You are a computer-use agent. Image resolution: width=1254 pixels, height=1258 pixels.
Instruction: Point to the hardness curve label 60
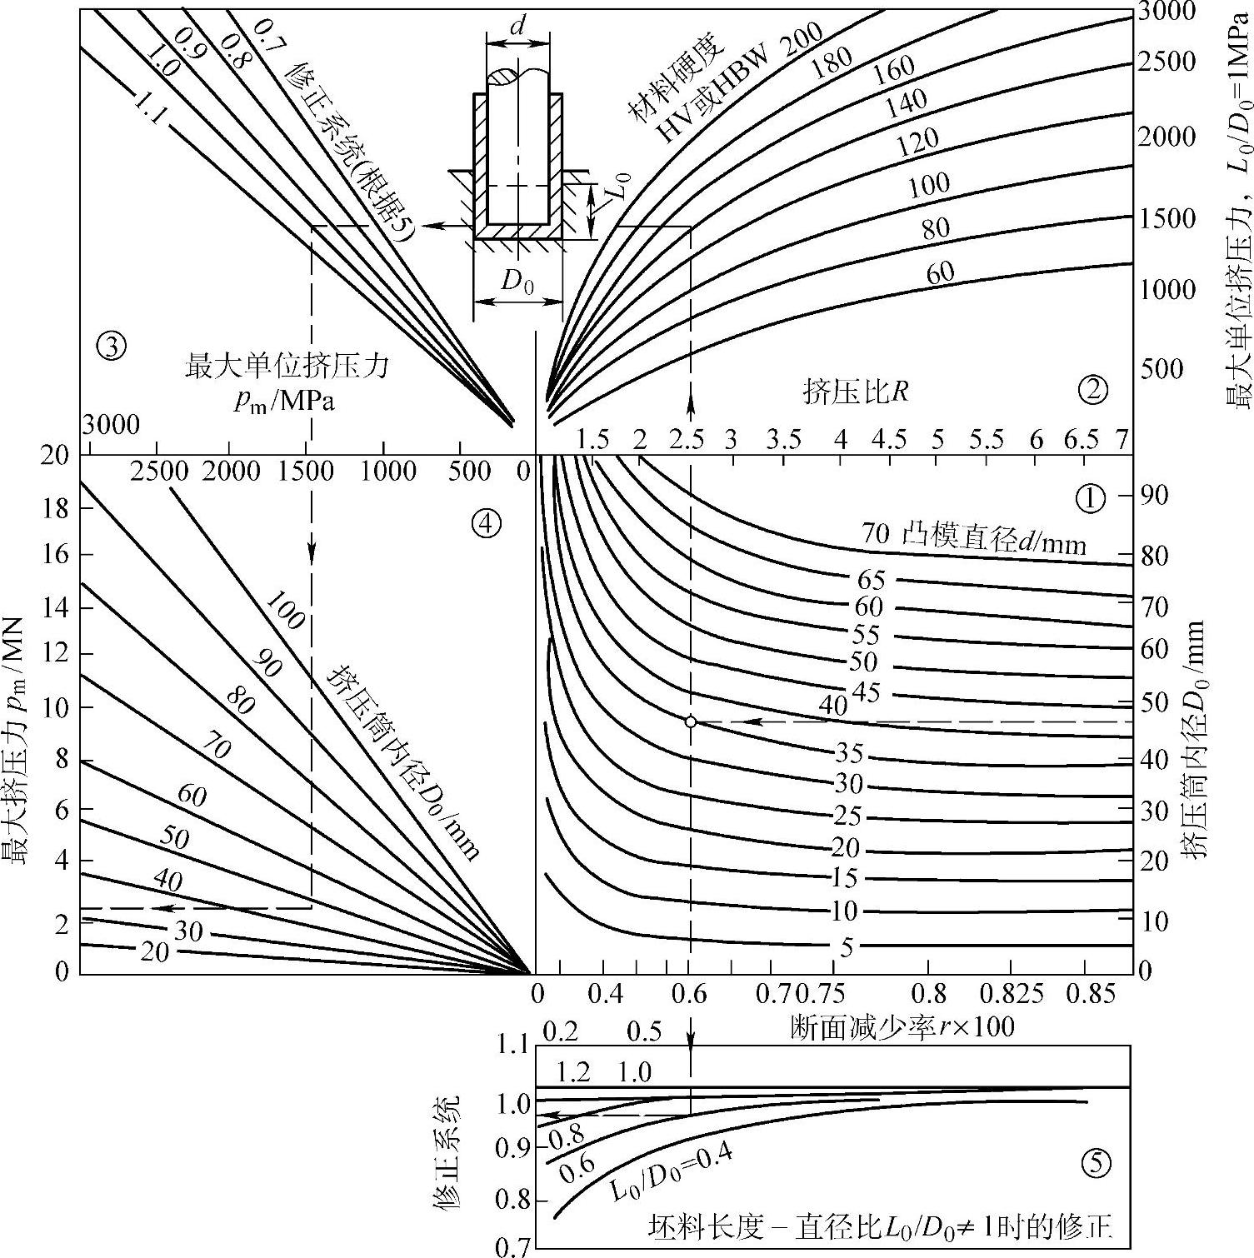click(x=940, y=272)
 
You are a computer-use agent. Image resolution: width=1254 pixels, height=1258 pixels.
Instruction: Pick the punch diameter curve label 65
click(x=871, y=580)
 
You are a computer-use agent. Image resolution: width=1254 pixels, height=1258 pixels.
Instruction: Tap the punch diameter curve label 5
click(x=847, y=946)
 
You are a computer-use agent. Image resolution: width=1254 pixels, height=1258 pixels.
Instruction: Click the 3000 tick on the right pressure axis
click(x=1166, y=12)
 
